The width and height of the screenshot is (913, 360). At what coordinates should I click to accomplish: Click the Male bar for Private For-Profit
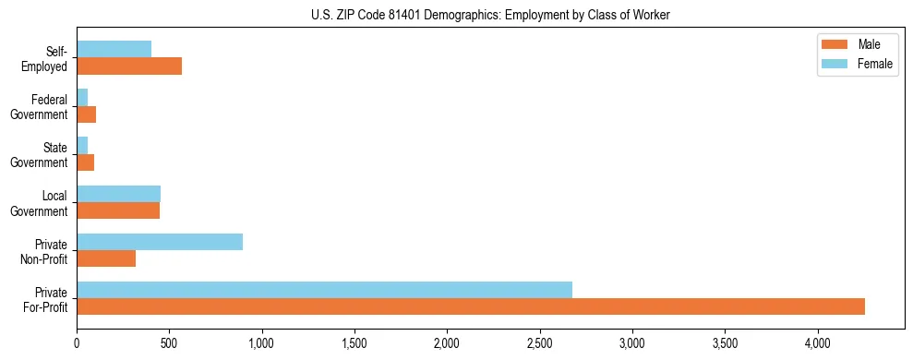coord(471,306)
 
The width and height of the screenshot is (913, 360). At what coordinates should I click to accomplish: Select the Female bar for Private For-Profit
coord(324,290)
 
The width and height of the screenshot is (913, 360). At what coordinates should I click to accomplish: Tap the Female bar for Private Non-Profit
coord(160,242)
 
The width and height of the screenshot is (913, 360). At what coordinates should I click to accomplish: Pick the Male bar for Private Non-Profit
coord(106,258)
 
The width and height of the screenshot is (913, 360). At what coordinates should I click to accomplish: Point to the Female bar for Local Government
coord(118,194)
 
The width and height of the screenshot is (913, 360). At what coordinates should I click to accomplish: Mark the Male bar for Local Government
coord(118,210)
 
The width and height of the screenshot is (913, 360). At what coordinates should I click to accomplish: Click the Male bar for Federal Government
coord(86,114)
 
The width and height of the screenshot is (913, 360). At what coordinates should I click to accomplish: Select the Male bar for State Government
coord(85,162)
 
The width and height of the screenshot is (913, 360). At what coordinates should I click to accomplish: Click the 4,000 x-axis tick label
coord(818,344)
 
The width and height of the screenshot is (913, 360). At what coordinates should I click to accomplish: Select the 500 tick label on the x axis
coord(169,344)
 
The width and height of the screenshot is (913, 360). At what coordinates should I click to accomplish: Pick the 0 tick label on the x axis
coord(77,344)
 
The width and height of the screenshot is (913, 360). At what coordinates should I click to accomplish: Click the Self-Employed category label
coord(49,58)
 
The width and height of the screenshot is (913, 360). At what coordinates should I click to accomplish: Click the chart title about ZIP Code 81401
coord(490,15)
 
